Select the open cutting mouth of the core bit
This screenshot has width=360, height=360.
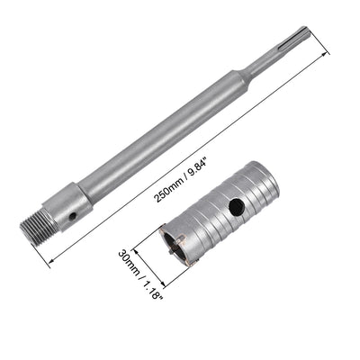pyautogui.click(x=202, y=248)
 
